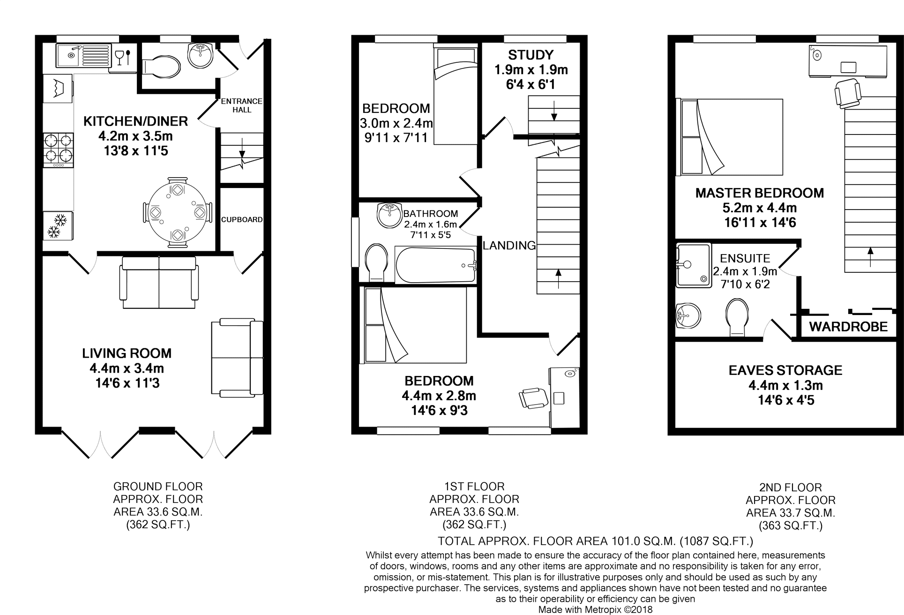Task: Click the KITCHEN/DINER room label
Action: coord(135,121)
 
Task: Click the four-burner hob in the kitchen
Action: coord(59,150)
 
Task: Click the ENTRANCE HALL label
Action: coord(241,105)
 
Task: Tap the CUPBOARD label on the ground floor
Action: coord(242,219)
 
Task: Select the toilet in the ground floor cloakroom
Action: coord(160,67)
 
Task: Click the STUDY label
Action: coord(531,55)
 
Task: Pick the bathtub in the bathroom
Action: coord(435,265)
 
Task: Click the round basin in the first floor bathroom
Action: coord(389,215)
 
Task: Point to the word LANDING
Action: coord(509,245)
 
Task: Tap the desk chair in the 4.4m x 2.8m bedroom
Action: coord(533,397)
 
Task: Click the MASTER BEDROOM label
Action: coord(760,193)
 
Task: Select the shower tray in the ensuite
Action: coord(693,265)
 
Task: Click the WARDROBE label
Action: coord(848,327)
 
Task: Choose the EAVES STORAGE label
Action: coord(785,370)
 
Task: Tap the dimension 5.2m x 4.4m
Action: coord(760,208)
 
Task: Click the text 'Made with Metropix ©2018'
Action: coord(595,610)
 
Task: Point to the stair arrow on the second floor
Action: coord(870,257)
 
